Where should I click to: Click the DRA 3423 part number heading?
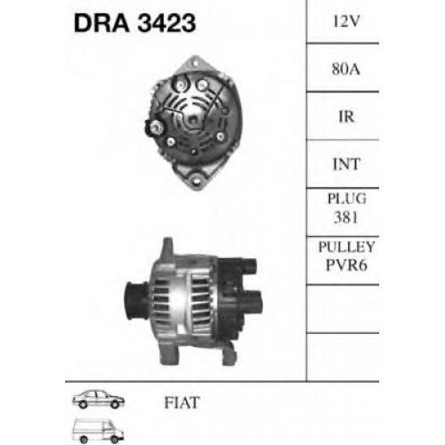134,23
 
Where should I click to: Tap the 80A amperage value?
346,69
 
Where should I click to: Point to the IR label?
346,117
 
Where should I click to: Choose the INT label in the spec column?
346,164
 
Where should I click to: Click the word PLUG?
346,198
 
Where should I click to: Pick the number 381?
346,217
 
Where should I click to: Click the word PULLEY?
346,247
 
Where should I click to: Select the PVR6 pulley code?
346,265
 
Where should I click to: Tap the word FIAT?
182,402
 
